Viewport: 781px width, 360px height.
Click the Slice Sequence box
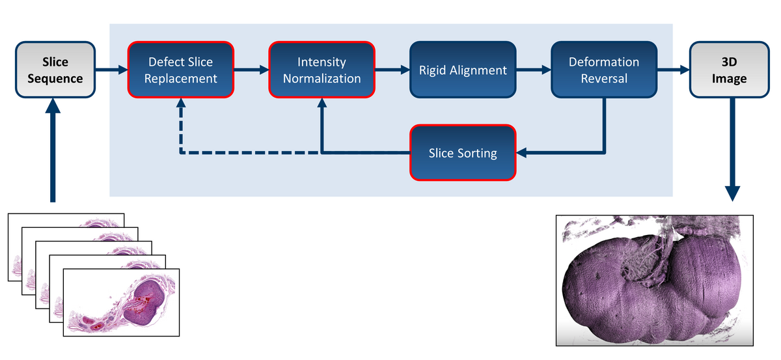(x=55, y=70)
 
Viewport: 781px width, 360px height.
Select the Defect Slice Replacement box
(x=181, y=70)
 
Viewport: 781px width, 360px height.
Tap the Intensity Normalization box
(x=322, y=70)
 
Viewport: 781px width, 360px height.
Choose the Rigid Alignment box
(x=463, y=70)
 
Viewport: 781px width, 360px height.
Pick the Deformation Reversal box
(x=604, y=70)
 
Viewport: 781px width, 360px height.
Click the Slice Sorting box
(x=463, y=153)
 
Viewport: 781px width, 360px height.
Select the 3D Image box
(x=730, y=70)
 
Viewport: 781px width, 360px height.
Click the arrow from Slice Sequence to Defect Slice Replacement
(x=111, y=70)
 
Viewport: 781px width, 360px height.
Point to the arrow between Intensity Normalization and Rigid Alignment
(x=392, y=70)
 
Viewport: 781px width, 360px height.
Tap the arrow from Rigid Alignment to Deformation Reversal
(x=534, y=70)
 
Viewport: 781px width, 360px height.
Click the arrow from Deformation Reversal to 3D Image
(x=674, y=70)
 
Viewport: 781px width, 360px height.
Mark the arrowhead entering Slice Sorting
(x=521, y=152)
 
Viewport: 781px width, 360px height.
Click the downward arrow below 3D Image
(x=732, y=149)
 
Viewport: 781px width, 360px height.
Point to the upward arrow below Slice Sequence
(x=53, y=150)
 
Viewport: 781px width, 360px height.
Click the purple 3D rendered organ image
(x=655, y=281)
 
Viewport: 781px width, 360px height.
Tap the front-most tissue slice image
(x=121, y=303)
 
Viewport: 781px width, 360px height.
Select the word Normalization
(x=322, y=79)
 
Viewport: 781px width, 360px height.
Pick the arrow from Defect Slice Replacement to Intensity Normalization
(x=251, y=70)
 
